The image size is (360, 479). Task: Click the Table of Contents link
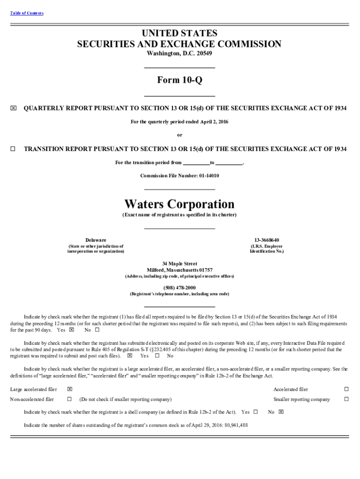click(27, 13)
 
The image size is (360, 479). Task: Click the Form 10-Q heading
click(180, 80)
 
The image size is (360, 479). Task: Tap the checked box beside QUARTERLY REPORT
click(13, 108)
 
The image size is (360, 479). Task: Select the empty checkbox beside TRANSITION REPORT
click(13, 149)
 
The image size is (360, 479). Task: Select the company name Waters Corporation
click(180, 204)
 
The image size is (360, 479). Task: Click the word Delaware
click(95, 240)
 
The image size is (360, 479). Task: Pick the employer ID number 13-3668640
click(266, 240)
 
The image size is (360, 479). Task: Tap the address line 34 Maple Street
click(180, 264)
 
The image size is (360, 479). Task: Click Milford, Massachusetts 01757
click(180, 270)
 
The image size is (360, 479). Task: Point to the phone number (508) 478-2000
click(180, 287)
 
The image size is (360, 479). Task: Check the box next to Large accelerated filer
click(69, 389)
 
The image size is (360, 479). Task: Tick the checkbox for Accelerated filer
click(346, 389)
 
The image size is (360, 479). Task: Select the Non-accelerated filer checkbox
click(69, 399)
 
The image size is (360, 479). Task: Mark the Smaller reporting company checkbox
click(346, 399)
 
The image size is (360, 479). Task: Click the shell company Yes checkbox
click(255, 412)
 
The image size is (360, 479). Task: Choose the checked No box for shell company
click(281, 412)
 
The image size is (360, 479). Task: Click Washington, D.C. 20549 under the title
click(180, 53)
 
